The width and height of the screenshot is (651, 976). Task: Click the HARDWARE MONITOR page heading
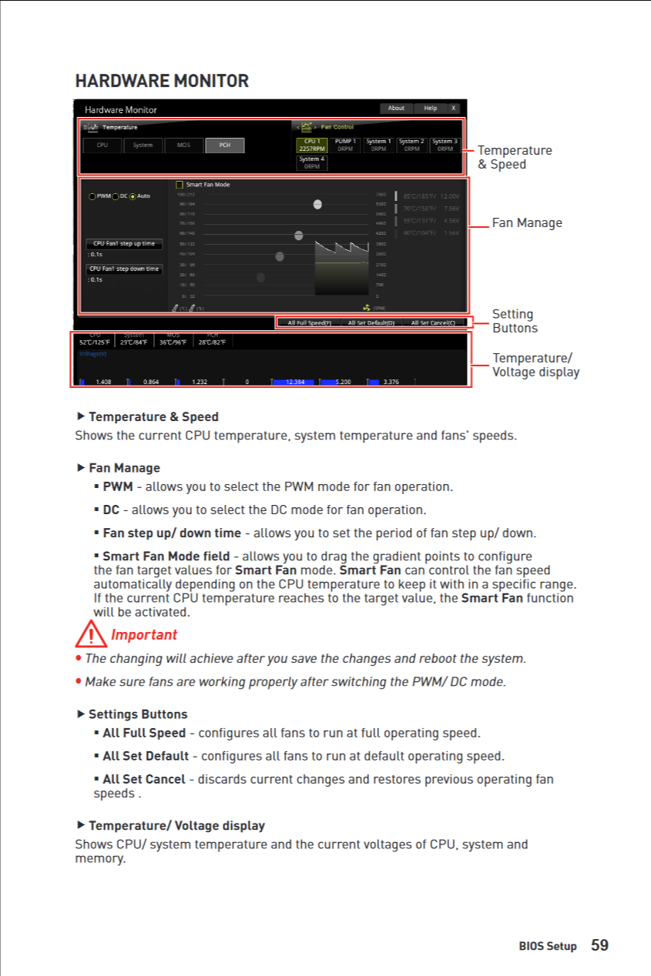[x=162, y=81]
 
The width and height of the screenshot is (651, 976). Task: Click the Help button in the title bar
[x=431, y=109]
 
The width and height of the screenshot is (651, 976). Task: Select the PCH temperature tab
[x=224, y=145]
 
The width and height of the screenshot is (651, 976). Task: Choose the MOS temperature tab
[x=183, y=145]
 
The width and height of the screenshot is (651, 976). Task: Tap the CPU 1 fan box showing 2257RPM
[x=312, y=145]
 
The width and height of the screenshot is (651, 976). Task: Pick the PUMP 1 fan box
[x=345, y=145]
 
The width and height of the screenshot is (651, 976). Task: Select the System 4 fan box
[x=312, y=162]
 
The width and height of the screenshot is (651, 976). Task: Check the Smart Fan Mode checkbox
[x=180, y=185]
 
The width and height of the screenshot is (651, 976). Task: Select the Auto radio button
[x=133, y=196]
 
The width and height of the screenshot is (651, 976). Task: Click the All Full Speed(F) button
[x=309, y=323]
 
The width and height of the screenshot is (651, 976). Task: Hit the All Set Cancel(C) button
[x=433, y=323]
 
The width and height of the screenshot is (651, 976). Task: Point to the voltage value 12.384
[x=295, y=382]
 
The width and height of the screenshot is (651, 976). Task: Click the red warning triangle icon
[x=90, y=634]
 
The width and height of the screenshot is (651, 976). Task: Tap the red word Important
[x=144, y=634]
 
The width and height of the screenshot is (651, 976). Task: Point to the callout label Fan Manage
[x=527, y=222]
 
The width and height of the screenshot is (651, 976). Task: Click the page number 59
[x=599, y=945]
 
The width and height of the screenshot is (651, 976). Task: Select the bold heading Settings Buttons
[x=138, y=714]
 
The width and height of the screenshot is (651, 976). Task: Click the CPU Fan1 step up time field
[x=124, y=244]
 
